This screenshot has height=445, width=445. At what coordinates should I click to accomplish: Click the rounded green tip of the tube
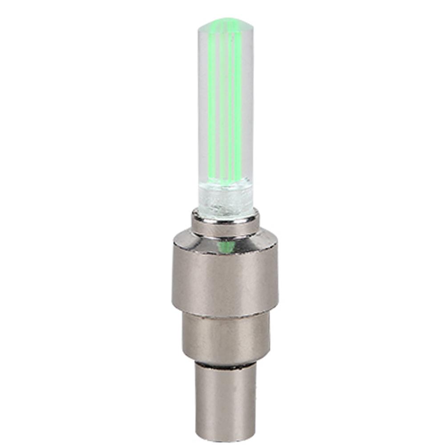pos(226,22)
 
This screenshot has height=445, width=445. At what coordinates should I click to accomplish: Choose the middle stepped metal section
pos(226,336)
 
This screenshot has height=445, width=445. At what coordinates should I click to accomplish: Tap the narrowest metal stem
pos(226,396)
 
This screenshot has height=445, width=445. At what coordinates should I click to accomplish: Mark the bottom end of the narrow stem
pos(226,434)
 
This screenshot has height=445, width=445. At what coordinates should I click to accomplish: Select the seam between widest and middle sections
pos(226,314)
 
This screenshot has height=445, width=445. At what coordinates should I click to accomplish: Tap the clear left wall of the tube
pos(202,111)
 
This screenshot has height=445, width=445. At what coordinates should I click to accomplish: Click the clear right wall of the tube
pos(250,111)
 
